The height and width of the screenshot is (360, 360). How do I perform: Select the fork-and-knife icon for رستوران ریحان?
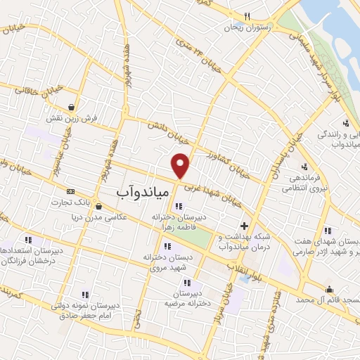[x=246, y=16]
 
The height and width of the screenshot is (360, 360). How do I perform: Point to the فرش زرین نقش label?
[x=72, y=120]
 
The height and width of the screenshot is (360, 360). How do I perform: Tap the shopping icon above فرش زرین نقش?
[x=72, y=107]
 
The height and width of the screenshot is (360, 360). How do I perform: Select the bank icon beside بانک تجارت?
[x=70, y=191]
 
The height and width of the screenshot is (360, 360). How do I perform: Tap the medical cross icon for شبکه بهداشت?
[x=244, y=226]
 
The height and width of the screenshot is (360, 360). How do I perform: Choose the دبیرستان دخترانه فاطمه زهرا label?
[x=179, y=222]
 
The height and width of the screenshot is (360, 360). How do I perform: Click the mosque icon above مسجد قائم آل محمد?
[x=328, y=288]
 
